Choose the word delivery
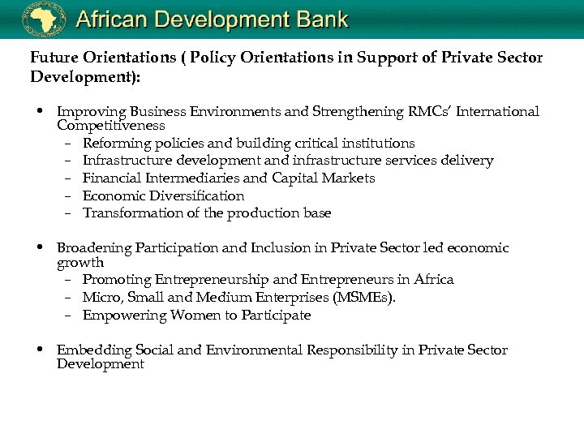click(465, 161)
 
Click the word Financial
click(114, 178)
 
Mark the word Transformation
click(134, 213)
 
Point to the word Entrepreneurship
click(213, 279)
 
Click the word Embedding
click(89, 350)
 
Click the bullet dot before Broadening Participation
click(40, 247)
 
